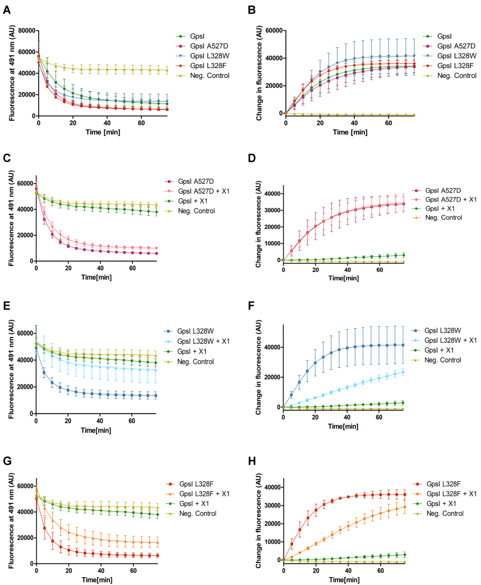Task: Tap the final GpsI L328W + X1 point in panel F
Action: pyautogui.click(x=404, y=372)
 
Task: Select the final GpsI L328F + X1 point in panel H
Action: pyautogui.click(x=404, y=507)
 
